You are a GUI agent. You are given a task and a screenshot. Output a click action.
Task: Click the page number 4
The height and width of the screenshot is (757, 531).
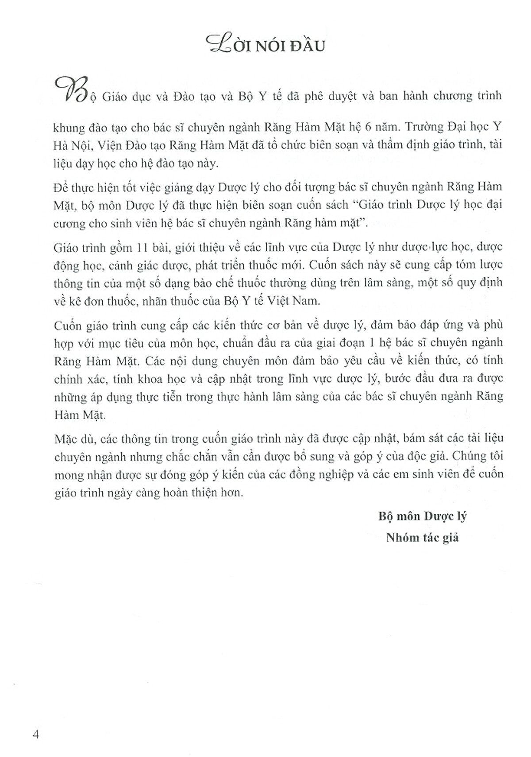click(x=36, y=734)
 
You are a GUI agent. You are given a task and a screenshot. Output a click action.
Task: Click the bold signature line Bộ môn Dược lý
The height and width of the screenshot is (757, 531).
click(x=423, y=516)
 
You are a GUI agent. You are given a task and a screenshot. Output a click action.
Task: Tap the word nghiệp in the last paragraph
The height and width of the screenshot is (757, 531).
click(x=336, y=475)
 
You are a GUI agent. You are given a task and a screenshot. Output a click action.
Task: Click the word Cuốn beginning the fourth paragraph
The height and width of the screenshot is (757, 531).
click(x=68, y=326)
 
